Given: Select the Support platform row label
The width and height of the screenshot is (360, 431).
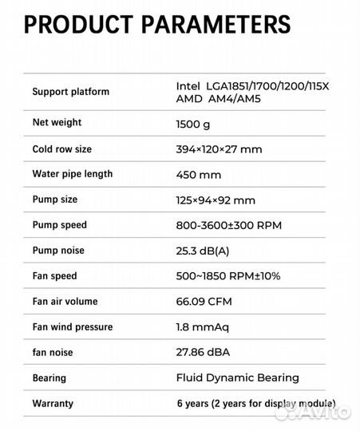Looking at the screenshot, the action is click(70, 91).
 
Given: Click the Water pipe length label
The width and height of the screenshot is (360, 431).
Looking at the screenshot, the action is click(72, 174).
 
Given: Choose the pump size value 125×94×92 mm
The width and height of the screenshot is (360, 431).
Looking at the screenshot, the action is click(216, 200).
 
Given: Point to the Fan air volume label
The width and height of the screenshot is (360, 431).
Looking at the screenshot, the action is click(68, 302).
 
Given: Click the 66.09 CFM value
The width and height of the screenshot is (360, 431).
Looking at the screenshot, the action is click(203, 302).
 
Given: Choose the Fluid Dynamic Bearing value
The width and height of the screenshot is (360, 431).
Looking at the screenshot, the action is click(237, 378).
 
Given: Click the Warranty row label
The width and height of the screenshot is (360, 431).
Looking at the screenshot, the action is click(53, 403).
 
